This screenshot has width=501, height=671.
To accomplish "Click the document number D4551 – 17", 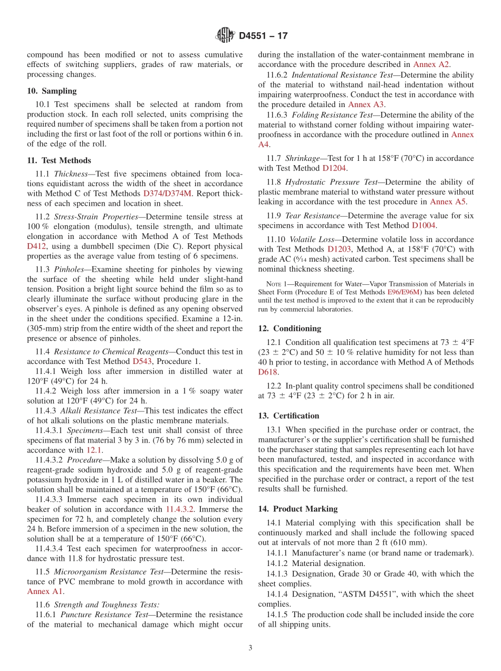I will click(x=263, y=36).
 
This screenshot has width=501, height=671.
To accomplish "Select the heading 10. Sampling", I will click(x=52, y=91).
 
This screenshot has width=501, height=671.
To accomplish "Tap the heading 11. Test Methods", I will click(x=59, y=160).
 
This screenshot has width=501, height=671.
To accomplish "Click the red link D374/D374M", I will click(x=167, y=194).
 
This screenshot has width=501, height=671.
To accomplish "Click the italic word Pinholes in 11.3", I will click(x=69, y=269).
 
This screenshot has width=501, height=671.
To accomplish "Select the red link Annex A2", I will click(x=431, y=64).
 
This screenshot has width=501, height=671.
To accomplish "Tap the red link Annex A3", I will click(x=366, y=104).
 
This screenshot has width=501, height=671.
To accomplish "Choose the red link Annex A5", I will click(x=448, y=202).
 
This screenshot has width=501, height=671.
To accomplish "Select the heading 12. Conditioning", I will click(x=290, y=328).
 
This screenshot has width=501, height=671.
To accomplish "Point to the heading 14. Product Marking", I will click(x=298, y=509).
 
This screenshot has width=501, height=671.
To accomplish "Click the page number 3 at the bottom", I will click(x=250, y=648).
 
